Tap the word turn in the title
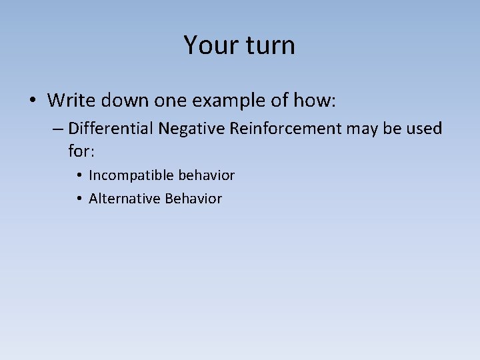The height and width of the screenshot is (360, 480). point(267,45)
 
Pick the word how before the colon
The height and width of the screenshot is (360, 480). point(315,101)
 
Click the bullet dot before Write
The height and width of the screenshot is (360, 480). point(33,101)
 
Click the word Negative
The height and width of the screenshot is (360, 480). point(191,128)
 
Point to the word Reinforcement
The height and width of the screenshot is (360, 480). point(285,128)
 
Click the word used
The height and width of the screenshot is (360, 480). point(423,128)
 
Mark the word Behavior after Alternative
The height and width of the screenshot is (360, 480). point(193,199)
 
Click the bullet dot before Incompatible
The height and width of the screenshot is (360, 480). point(79,176)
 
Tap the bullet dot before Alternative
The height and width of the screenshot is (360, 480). point(79,199)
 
